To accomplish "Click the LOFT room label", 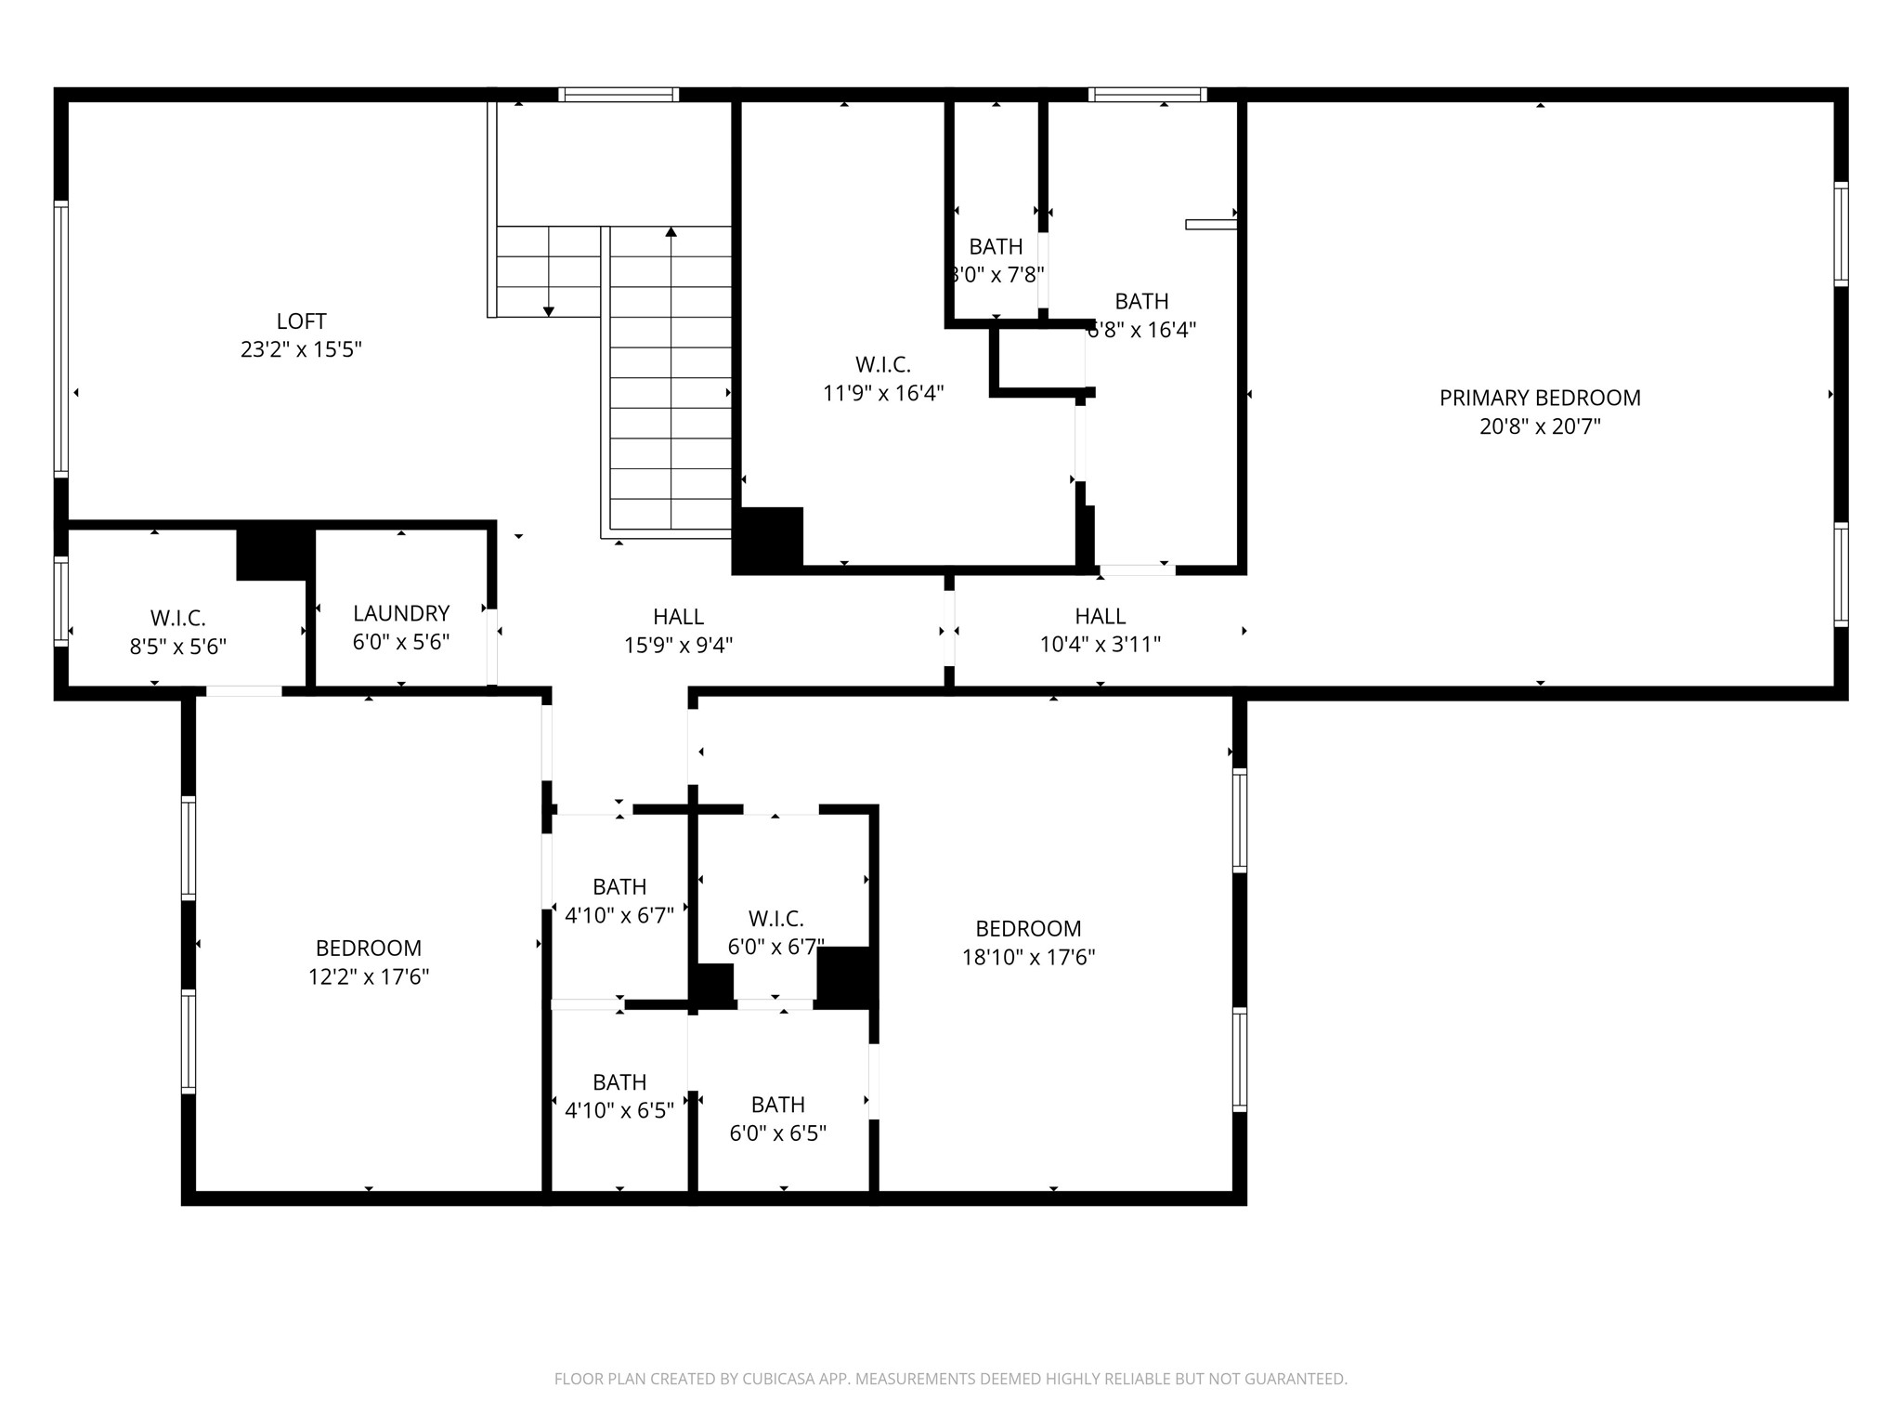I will (301, 321).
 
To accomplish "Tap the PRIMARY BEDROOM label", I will (1540, 398).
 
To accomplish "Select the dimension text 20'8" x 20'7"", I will (1540, 426).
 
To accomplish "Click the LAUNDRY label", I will (401, 613).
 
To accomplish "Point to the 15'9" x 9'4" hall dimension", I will (678, 645).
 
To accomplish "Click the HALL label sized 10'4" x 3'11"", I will (1100, 616).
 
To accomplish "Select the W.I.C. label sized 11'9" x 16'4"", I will (882, 364).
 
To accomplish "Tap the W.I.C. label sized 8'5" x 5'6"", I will (177, 618).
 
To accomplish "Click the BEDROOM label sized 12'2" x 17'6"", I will (369, 948).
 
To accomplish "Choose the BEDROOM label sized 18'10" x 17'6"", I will (1028, 928).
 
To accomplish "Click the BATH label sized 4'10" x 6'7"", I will (619, 886).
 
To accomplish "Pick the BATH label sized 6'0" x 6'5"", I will (777, 1105).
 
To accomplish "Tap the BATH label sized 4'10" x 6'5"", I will (619, 1082).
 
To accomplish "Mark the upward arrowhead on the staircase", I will (671, 231).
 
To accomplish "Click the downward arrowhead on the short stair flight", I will (549, 311).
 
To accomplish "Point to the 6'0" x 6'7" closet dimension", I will (775, 947).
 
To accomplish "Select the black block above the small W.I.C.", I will (275, 554).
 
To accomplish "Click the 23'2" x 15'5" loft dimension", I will (301, 349).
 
